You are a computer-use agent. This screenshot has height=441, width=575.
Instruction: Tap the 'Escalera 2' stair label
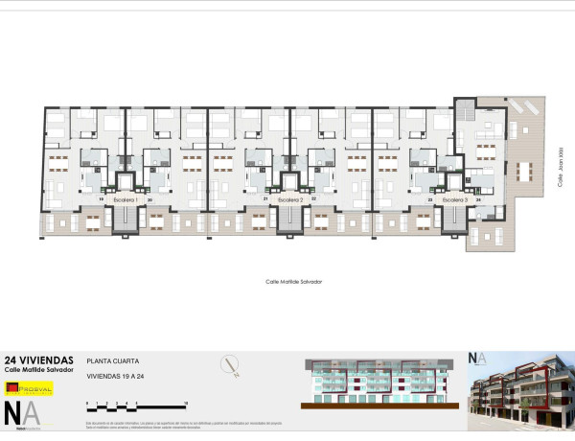click(x=290, y=199)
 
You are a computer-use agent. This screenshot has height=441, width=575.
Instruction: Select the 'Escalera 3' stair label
click(x=454, y=199)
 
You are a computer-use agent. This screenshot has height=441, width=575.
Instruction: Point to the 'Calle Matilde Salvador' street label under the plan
click(x=294, y=282)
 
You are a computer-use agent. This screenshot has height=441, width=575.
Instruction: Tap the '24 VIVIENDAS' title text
click(x=39, y=360)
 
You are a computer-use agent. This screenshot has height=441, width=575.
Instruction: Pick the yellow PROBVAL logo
click(x=29, y=389)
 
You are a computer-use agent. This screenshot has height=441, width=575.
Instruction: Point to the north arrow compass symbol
click(x=230, y=365)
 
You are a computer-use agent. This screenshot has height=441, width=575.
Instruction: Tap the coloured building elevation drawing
click(x=369, y=380)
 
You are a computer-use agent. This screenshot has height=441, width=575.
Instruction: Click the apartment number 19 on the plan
click(x=101, y=199)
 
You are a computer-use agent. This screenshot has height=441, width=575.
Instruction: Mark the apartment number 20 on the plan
click(x=150, y=199)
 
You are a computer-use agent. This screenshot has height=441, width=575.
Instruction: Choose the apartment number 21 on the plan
click(x=264, y=199)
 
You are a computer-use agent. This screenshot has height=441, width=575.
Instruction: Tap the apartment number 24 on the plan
click(x=477, y=199)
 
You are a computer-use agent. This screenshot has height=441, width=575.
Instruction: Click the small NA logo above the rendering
click(x=472, y=358)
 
